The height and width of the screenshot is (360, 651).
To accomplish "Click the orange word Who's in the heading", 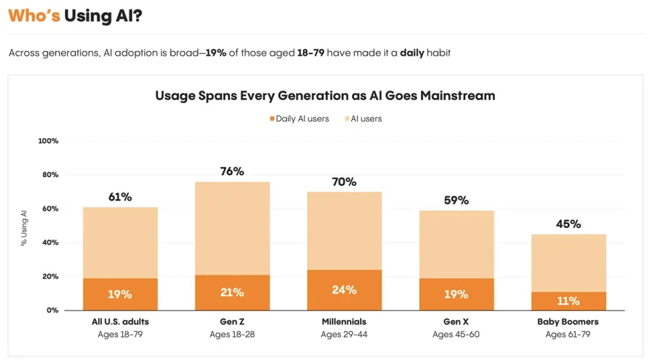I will click(x=34, y=16).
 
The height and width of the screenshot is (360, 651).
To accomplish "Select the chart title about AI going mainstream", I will click(x=325, y=96).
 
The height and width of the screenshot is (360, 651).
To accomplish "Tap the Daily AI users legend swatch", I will click(x=271, y=119).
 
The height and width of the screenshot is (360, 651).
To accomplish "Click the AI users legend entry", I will click(x=366, y=119).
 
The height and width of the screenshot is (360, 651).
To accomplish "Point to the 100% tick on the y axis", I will click(x=49, y=141).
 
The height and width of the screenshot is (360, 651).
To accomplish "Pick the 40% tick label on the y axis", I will click(x=51, y=243).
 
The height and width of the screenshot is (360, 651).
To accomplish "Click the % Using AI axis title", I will click(x=24, y=228).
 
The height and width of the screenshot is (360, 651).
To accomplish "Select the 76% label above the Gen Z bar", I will click(x=232, y=172).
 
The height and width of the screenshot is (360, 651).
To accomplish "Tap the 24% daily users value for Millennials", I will click(x=344, y=290).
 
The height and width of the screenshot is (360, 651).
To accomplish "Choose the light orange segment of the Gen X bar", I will click(x=456, y=244).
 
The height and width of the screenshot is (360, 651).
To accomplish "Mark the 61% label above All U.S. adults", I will click(x=120, y=197).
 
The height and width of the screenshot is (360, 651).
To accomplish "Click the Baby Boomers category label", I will click(x=568, y=322).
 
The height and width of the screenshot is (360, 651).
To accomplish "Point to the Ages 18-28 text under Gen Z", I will click(x=232, y=334).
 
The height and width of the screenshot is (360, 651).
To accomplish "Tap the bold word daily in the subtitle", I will click(x=412, y=53).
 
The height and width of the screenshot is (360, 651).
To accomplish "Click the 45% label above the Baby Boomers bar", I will click(x=568, y=224).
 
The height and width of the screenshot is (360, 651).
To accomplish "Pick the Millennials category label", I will click(x=344, y=322).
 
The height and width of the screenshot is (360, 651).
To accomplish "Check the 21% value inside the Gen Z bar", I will click(x=232, y=293).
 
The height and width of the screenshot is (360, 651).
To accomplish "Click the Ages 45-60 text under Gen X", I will click(x=456, y=334).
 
